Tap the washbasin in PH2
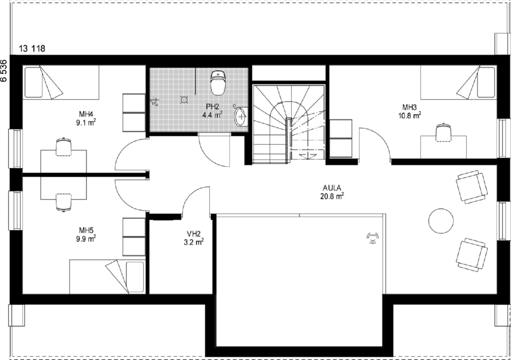(241, 116)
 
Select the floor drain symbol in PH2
(184, 99)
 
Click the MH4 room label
(86, 114)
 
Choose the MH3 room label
(409, 107)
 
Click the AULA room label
(332, 188)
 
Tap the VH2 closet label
(193, 234)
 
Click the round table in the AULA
(441, 221)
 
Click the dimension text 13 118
(32, 49)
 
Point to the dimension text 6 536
(4, 71)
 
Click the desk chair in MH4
(63, 147)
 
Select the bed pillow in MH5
(135, 277)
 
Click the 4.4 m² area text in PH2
(212, 115)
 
